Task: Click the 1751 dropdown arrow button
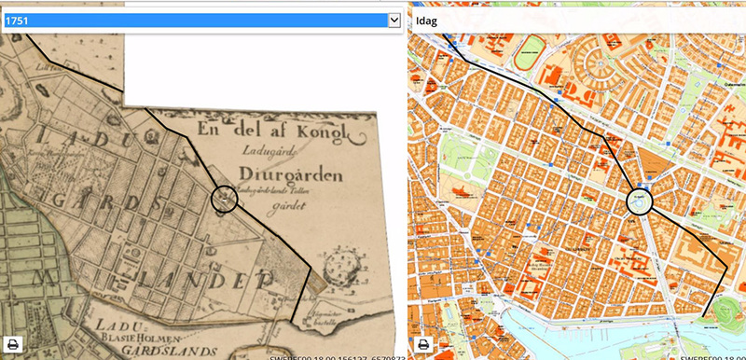(x=394, y=20)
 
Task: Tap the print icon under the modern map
(x=422, y=343)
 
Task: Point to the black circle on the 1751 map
(x=225, y=199)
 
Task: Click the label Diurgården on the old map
(x=269, y=173)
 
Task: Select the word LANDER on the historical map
(x=221, y=281)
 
